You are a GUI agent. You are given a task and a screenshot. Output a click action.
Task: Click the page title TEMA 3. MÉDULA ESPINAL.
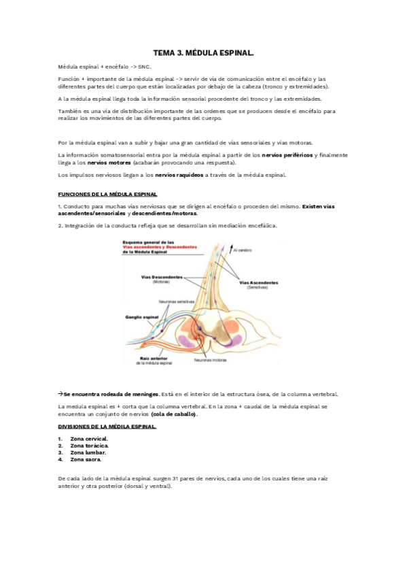pos(203,52)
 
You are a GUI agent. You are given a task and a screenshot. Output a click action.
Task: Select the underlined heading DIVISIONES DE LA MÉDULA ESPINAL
pos(107,427)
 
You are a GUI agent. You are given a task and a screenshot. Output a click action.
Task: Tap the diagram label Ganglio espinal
pos(142,317)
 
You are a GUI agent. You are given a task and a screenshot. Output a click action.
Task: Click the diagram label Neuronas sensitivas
pos(177,301)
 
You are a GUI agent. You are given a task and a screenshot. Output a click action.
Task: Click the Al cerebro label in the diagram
pos(243,250)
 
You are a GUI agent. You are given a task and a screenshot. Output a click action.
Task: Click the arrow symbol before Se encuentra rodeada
pos(60,393)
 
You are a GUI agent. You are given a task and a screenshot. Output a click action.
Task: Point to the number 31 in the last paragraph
pos(176,479)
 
